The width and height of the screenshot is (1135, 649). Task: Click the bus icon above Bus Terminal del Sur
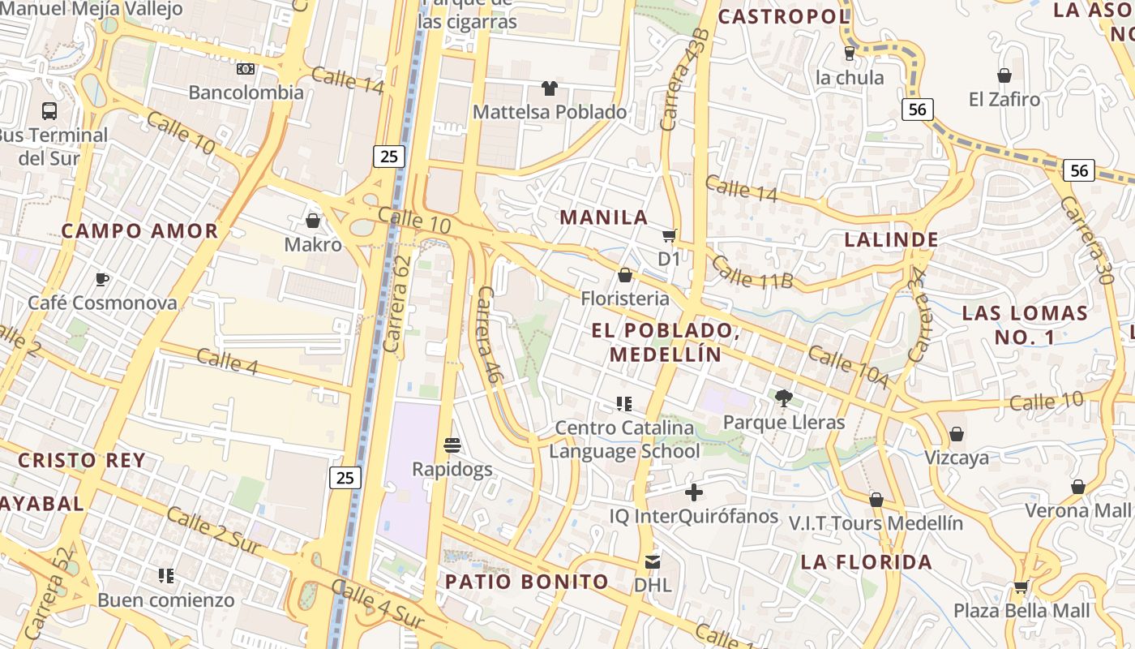49,110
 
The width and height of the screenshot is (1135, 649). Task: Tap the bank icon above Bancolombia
246,69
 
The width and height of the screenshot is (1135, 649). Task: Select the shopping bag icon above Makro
313,220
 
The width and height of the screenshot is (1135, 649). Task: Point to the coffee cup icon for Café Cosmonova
102,279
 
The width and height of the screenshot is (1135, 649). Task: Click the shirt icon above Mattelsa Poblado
550,88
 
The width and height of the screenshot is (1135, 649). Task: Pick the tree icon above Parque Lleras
783,398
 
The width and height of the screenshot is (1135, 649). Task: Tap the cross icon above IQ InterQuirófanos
694,492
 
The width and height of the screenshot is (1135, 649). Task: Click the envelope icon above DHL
653,561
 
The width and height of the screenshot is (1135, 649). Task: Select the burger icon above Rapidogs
452,445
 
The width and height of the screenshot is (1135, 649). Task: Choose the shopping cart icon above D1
669,235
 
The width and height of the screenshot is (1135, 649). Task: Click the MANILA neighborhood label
604,217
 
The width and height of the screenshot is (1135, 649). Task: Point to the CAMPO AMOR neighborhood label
140,231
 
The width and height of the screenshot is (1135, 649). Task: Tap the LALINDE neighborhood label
892,240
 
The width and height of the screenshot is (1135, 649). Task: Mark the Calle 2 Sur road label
214,531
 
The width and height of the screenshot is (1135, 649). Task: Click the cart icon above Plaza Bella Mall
1021,586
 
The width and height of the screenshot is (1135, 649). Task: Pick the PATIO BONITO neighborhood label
527,582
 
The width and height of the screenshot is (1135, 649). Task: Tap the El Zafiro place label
1004,100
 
